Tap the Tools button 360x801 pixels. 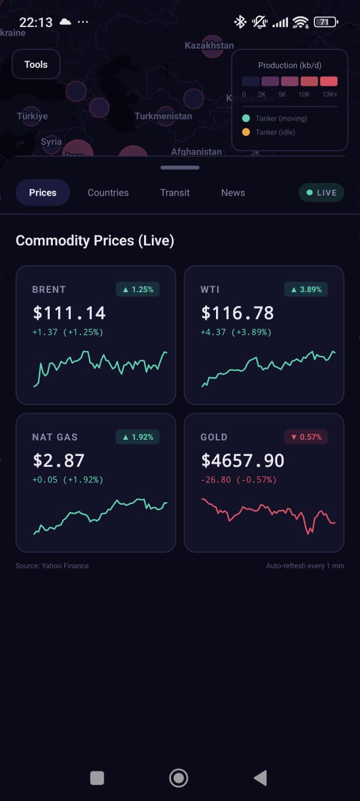pyautogui.click(x=36, y=65)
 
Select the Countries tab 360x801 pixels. pyautogui.click(x=108, y=193)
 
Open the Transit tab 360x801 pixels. pyautogui.click(x=175, y=193)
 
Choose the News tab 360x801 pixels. pyautogui.click(x=233, y=193)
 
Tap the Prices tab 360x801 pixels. pyautogui.click(x=43, y=193)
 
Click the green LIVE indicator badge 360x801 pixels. pyautogui.click(x=322, y=193)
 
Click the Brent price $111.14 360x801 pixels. pyautogui.click(x=69, y=313)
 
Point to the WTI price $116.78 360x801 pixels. pyautogui.click(x=238, y=313)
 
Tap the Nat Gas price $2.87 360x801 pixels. pyautogui.click(x=58, y=460)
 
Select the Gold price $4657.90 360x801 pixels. pyautogui.click(x=242, y=460)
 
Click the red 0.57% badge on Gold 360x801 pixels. pyautogui.click(x=306, y=437)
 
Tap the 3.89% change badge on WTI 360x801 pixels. pyautogui.click(x=306, y=289)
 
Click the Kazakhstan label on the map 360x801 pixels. pyautogui.click(x=209, y=46)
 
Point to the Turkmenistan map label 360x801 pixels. pyautogui.click(x=163, y=116)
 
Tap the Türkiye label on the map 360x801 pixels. pyautogui.click(x=32, y=116)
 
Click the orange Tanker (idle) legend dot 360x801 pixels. pyautogui.click(x=246, y=132)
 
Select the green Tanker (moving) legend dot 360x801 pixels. pyautogui.click(x=246, y=118)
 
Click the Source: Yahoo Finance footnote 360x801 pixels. pyautogui.click(x=52, y=566)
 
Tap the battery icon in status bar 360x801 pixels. pyautogui.click(x=325, y=22)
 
